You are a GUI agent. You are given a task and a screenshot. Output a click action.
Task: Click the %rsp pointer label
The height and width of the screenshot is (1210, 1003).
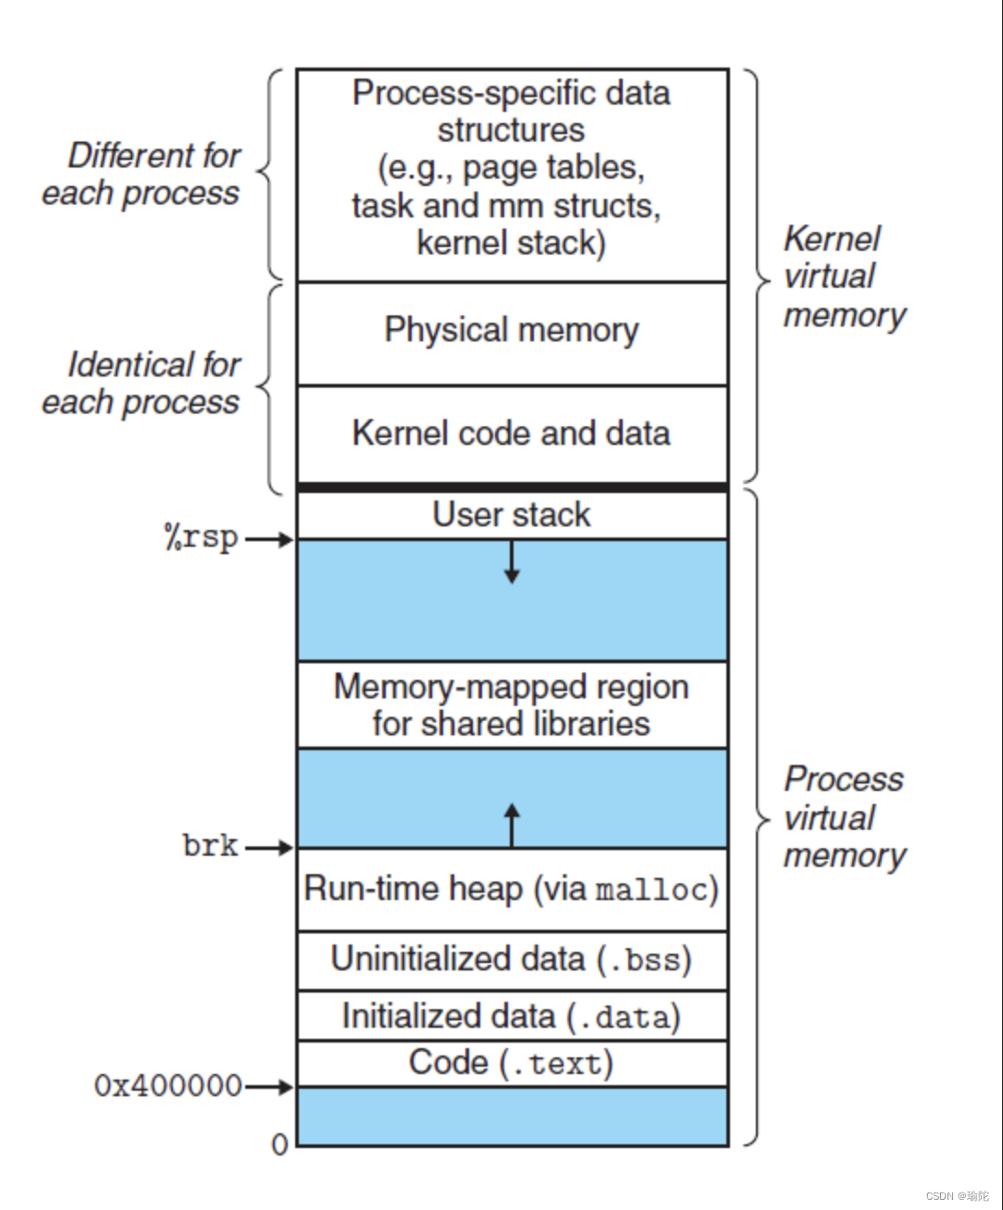[201, 538]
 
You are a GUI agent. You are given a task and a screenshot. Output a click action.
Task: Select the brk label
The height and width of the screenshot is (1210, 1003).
[211, 846]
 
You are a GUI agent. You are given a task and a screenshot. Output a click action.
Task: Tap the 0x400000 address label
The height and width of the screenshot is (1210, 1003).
[167, 1086]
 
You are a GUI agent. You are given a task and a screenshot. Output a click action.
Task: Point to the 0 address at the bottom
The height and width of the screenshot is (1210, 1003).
[279, 1145]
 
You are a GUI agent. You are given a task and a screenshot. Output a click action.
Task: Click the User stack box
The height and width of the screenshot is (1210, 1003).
[512, 515]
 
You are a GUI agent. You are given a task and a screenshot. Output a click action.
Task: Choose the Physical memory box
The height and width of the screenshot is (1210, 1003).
[512, 331]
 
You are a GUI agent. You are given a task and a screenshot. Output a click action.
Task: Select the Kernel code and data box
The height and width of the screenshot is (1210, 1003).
[512, 434]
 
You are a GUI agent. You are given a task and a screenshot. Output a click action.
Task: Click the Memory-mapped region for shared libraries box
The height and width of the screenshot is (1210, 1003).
[512, 705]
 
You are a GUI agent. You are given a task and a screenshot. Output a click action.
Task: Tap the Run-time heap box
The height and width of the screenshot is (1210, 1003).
[512, 890]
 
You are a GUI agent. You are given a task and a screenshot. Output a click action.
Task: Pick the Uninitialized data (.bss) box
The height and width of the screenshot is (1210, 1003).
[512, 960]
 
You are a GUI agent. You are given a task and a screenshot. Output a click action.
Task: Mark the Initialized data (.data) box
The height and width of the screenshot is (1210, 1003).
[512, 1017]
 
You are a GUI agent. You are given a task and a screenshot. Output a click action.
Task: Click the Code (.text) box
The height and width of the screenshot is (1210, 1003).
[512, 1063]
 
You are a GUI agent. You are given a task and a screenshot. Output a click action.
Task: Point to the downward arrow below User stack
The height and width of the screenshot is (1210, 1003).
[512, 562]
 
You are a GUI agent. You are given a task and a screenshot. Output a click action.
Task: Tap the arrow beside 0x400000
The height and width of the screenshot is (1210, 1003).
[269, 1087]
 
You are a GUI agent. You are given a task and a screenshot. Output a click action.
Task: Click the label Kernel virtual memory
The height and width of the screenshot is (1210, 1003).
[844, 277]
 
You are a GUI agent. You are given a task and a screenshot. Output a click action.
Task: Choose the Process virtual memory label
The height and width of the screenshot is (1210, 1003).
[844, 818]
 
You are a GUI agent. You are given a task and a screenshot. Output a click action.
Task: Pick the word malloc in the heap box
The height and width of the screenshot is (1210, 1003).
[651, 891]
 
